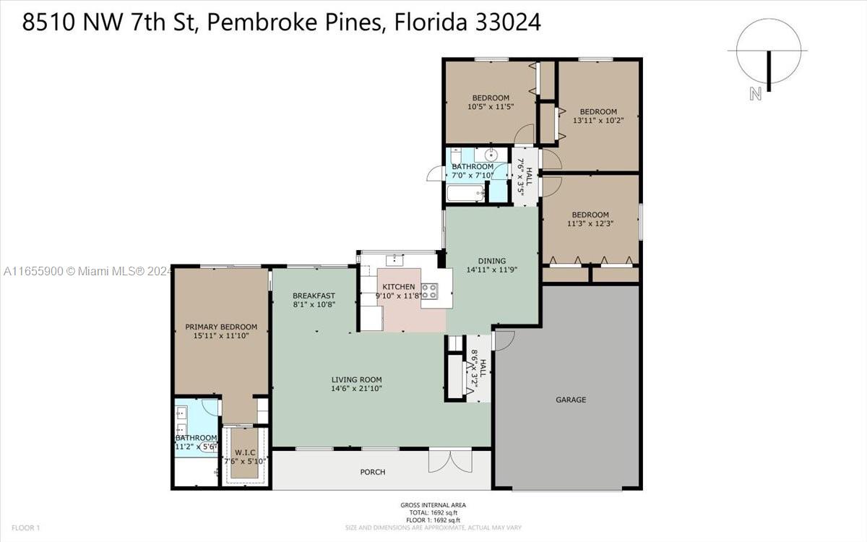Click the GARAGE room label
point(571,400)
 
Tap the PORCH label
point(373,472)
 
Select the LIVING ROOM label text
point(356,380)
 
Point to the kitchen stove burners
point(430,291)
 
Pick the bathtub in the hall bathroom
point(465,193)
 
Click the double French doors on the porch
point(451,461)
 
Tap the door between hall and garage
point(503,340)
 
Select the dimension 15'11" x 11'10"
point(221,335)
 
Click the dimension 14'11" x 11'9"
point(491,270)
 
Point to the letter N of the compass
point(755,94)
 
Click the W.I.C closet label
point(245,452)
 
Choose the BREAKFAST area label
point(314,296)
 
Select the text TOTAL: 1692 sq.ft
point(433,512)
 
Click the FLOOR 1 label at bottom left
point(25,528)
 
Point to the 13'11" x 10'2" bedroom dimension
point(598,121)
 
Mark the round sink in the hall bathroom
point(491,155)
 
